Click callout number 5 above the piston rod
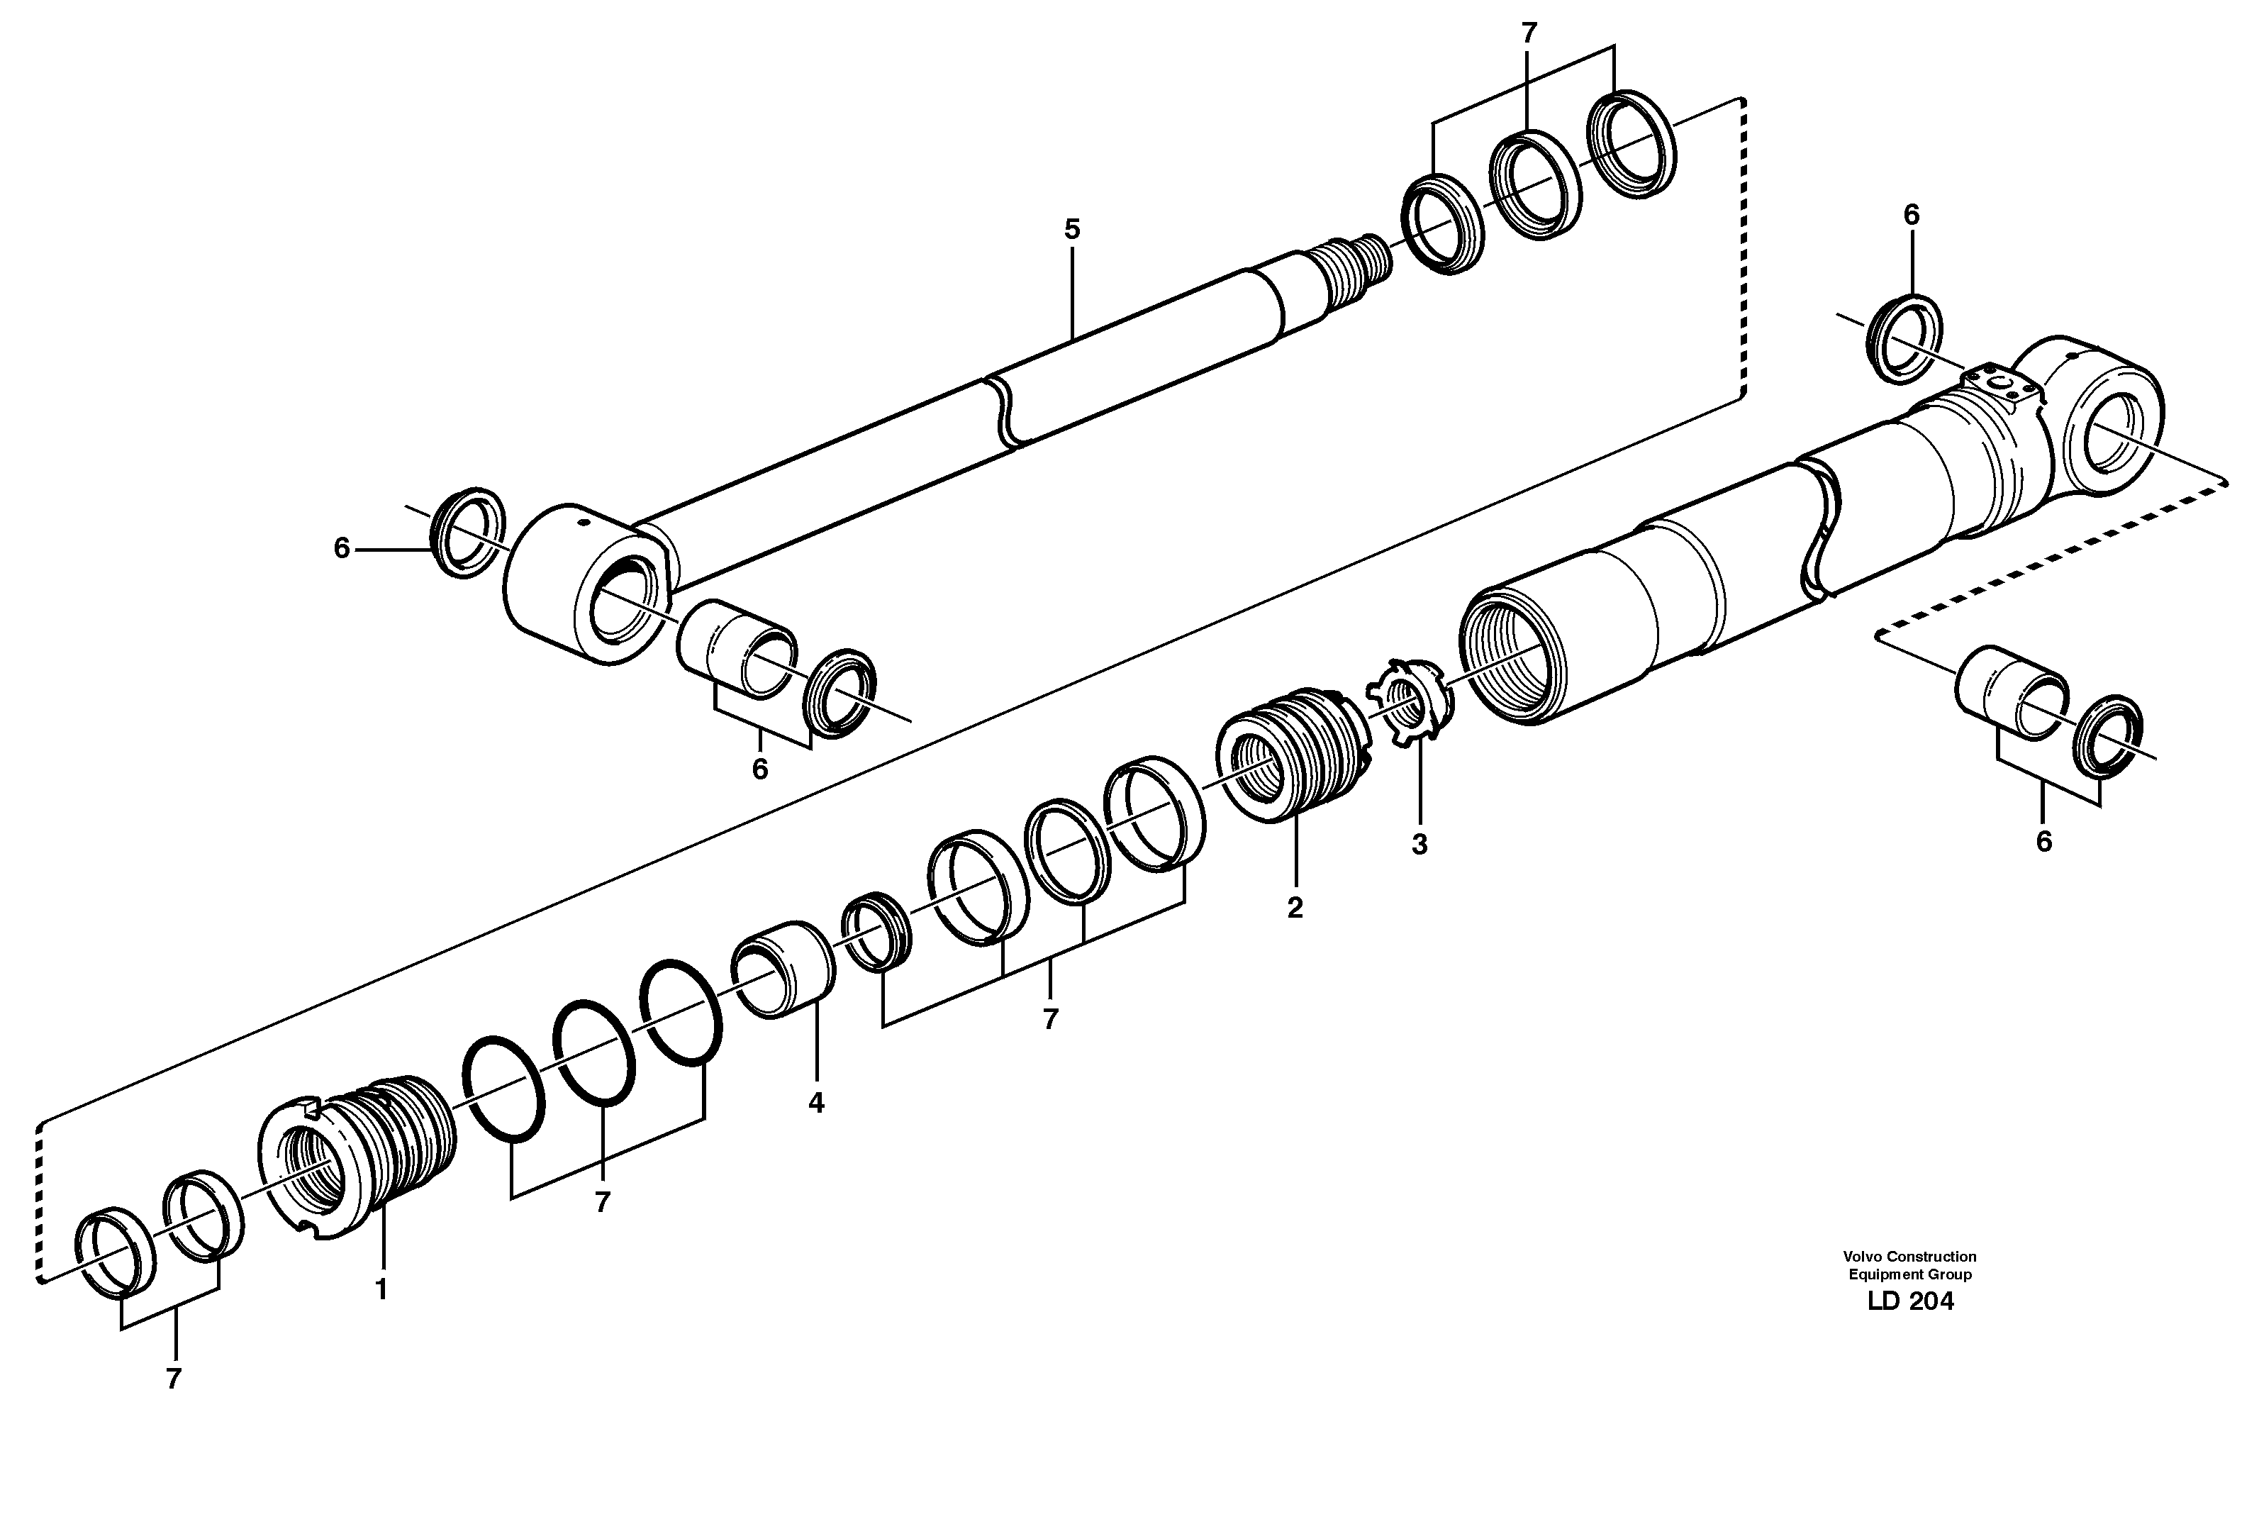(1071, 230)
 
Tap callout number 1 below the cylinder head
(381, 1290)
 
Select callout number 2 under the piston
(1295, 908)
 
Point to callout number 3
(1419, 845)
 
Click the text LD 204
(1910, 1301)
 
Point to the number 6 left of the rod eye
(341, 549)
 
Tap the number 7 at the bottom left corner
(173, 1379)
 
